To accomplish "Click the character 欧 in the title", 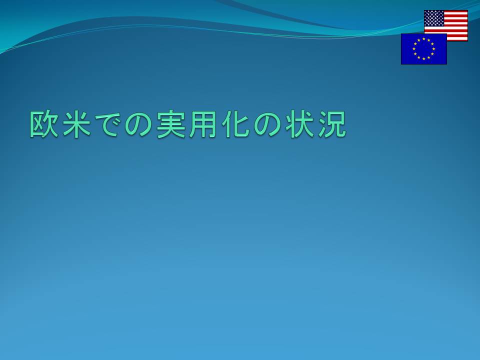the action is coord(44,124).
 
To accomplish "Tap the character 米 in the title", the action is coord(76,124).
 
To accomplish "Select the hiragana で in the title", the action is coord(108,124).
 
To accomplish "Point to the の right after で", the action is coord(140,124).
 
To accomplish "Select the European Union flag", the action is coord(424,49).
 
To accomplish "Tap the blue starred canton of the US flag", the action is coord(434,18).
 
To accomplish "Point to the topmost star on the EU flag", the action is coord(424,39).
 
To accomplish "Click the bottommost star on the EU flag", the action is coord(424,59).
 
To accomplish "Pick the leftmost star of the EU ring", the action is coord(414,49).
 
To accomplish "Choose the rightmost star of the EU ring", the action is coord(434,49).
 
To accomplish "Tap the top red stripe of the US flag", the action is coord(456,11).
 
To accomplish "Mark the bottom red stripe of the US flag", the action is coord(457,40).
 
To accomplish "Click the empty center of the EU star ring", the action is coord(424,49).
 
